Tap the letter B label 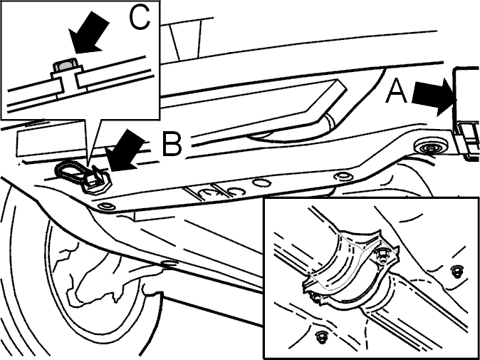tap(172, 144)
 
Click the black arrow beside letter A tap(434, 97)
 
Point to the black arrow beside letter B tap(124, 150)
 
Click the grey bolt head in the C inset tap(65, 66)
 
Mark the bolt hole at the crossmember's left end tap(105, 205)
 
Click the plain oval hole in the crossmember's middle tap(261, 183)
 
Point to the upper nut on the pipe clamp tap(380, 254)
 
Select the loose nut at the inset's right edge tap(456, 272)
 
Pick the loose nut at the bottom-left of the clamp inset tap(320, 336)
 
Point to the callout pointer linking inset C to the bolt tap(93, 144)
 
